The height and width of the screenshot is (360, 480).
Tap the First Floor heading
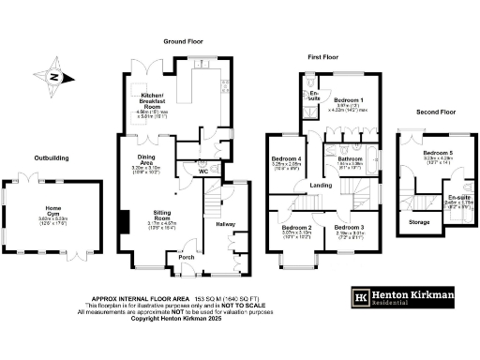click(323, 57)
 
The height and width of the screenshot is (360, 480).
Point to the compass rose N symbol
click(53, 78)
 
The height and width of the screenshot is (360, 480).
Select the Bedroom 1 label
click(349, 99)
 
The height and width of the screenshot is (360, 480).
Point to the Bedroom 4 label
click(285, 159)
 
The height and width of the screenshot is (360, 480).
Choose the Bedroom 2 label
click(296, 228)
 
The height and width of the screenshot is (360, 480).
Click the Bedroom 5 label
click(437, 152)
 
